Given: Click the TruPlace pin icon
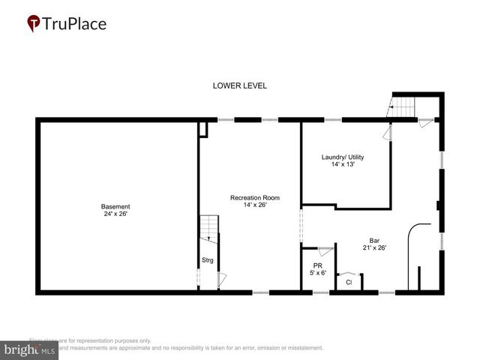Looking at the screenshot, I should pyautogui.click(x=33, y=23).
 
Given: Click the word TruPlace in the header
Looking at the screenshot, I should pyautogui.click(x=75, y=23).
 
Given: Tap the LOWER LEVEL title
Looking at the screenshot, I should pyautogui.click(x=240, y=86).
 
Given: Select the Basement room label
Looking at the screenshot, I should pyautogui.click(x=115, y=206).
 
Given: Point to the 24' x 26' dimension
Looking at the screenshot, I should pyautogui.click(x=115, y=214).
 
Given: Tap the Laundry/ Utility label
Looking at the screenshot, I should pyautogui.click(x=343, y=157).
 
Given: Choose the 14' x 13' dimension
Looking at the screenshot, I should pyautogui.click(x=343, y=164).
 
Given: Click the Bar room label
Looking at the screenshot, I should pyautogui.click(x=374, y=240).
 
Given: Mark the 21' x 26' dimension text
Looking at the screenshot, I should pyautogui.click(x=374, y=247).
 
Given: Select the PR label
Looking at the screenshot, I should pyautogui.click(x=318, y=265).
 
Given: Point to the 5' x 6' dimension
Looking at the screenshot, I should pyautogui.click(x=318, y=273).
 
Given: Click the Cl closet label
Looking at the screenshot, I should pyautogui.click(x=349, y=282).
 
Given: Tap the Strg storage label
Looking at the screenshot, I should pyautogui.click(x=208, y=260).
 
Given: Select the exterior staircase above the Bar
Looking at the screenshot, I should pyautogui.click(x=403, y=108).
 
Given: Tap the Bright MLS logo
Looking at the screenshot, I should pyautogui.click(x=30, y=349).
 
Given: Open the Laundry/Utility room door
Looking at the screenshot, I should pyautogui.click(x=387, y=133).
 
